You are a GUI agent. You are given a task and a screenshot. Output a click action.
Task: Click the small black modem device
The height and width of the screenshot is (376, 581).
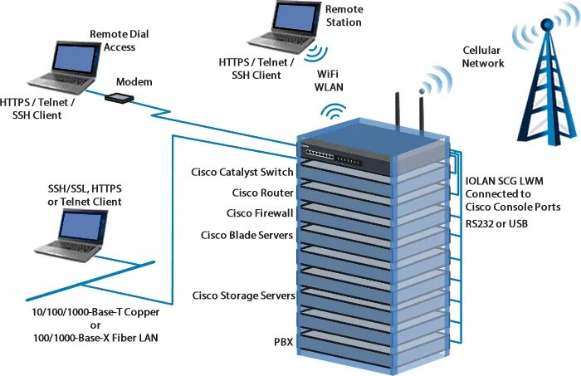tap(120, 99)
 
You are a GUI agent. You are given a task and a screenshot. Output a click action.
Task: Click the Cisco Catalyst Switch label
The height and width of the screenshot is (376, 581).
tap(242, 172)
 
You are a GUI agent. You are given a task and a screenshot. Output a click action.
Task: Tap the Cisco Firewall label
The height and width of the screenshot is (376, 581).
tap(259, 213)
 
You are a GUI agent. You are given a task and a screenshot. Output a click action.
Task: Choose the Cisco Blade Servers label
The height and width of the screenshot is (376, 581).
tap(247, 235)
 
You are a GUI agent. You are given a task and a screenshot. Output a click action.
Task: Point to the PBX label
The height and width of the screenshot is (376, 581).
tap(283, 341)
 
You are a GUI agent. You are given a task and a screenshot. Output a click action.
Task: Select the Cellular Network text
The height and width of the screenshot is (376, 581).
tap(484, 56)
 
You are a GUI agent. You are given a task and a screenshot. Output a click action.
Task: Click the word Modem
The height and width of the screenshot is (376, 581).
tap(134, 81)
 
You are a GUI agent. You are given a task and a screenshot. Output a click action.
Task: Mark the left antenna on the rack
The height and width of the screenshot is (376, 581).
tap(397, 113)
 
